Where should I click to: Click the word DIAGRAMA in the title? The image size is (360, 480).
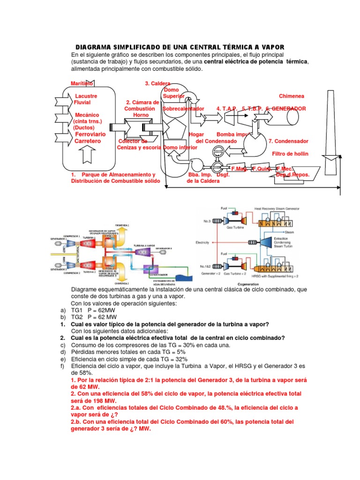tap(93, 47)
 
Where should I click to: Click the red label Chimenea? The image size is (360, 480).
tap(292, 96)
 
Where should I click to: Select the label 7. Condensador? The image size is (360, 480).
tap(288, 141)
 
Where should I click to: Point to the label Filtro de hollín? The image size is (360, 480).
tap(289, 154)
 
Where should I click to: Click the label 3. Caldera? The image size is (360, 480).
tap(157, 83)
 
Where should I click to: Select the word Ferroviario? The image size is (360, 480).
tap(90, 134)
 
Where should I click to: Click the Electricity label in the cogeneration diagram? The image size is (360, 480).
tap(205, 242)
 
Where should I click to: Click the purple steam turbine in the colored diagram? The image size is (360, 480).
tap(141, 252)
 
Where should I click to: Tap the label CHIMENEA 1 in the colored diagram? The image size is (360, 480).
tap(121, 225)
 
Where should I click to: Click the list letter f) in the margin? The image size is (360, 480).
tap(63, 366)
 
